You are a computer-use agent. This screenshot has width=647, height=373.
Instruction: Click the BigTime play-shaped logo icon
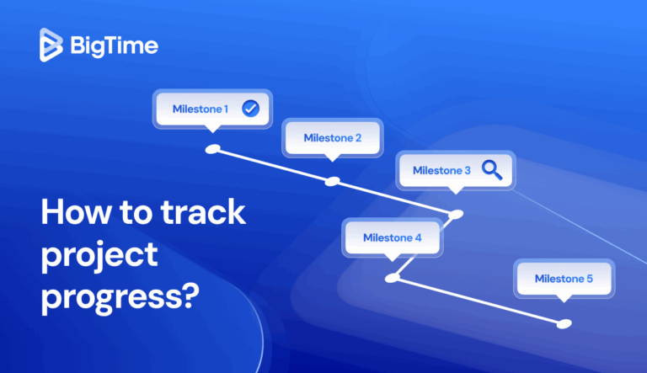coord(51,44)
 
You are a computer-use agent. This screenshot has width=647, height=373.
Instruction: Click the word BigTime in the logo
coord(112,45)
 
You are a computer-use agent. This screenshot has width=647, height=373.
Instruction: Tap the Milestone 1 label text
coord(201,109)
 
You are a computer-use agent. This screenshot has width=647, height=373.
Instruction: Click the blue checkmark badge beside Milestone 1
coord(249,109)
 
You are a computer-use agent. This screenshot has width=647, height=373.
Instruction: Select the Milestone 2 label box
coord(332,138)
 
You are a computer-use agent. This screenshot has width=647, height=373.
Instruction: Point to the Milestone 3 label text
coord(441,170)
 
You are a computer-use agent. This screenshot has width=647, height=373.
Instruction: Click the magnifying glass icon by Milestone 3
coord(492,170)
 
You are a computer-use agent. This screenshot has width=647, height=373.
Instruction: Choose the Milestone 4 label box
coord(392,237)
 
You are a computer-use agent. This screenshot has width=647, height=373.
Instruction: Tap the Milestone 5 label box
coord(564,278)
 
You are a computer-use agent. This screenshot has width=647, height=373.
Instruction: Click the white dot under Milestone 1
coord(214,149)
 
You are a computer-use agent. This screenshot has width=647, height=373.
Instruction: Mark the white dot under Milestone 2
coord(333,181)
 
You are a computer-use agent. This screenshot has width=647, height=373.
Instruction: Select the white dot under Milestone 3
coord(456,214)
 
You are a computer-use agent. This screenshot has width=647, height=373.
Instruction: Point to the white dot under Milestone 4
coord(391,277)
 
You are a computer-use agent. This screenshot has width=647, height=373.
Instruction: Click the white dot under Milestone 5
coord(564,323)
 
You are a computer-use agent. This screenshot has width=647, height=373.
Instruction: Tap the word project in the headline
coord(99,253)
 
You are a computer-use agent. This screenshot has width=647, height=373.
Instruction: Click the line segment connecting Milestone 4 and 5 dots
coord(478,301)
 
